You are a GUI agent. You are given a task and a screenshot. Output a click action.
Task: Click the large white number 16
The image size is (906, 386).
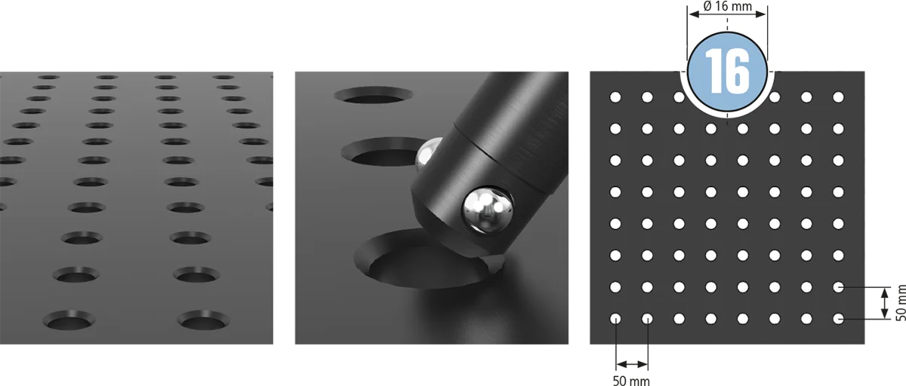coord(727,72)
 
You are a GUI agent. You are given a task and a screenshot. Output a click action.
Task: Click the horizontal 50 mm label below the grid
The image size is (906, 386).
coord(631,381)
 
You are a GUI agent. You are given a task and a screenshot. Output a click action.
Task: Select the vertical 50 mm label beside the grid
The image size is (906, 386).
coord(900,303)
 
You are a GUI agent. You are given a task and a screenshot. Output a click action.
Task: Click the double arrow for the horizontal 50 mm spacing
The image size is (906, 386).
coord(632,365)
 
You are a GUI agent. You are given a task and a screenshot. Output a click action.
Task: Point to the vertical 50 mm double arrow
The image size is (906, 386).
coord(885,303)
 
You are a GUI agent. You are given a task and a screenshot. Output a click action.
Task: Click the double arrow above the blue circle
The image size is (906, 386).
coord(727,14)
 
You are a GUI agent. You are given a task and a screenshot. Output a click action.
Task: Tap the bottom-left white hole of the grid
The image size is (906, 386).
coord(615,319)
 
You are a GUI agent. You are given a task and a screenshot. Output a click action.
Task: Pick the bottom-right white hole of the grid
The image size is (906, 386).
coord(839,319)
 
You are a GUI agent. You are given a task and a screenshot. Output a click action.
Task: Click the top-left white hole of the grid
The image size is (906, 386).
coord(615,97)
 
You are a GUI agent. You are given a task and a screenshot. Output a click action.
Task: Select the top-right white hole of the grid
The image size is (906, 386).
coord(839,97)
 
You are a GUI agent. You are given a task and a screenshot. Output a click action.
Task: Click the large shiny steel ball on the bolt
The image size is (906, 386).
coord(488,209)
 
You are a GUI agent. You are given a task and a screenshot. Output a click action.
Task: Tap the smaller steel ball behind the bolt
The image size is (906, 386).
coord(428,154)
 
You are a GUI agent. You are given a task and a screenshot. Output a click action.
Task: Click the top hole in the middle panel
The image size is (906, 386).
coord(373,95)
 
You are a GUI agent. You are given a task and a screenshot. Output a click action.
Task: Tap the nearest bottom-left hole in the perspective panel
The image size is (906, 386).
coord(69,320)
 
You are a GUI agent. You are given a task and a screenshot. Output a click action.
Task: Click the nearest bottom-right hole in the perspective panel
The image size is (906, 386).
coord(203,320)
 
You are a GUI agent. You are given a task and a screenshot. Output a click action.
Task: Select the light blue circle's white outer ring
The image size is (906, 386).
coord(727,115)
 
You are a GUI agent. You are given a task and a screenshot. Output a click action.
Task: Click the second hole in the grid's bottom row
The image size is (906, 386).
coord(647,319)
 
